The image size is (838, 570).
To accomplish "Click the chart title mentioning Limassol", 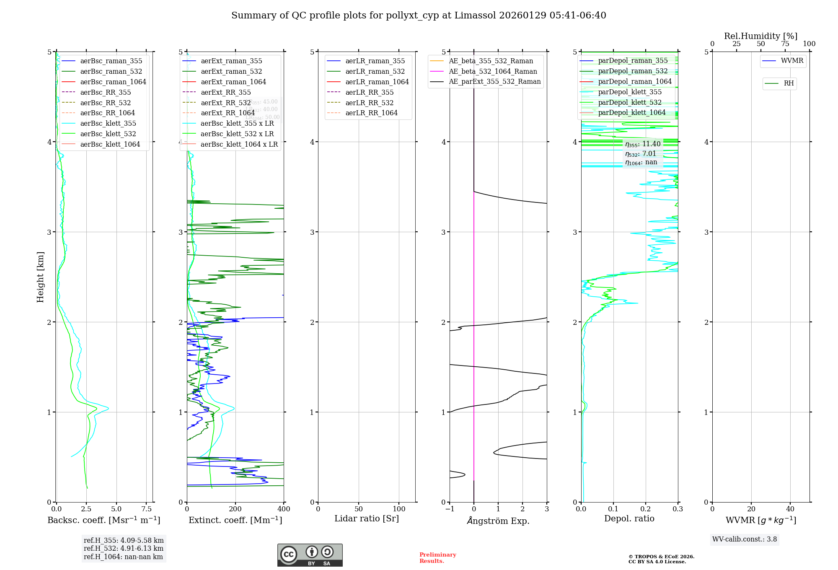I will (419, 16).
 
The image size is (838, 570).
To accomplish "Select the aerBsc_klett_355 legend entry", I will (108, 123).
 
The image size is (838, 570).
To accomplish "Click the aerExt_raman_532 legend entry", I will (231, 71).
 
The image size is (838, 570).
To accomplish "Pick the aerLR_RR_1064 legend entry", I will (371, 113).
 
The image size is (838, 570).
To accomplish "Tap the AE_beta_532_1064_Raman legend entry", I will (493, 71).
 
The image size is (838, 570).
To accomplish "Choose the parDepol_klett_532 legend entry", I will (630, 102).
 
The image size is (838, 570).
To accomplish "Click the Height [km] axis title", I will (40, 277).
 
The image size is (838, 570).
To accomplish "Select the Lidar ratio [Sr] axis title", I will (367, 518).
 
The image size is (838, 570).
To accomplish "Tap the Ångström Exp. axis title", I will (498, 521).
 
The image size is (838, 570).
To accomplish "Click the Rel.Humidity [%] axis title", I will (760, 36).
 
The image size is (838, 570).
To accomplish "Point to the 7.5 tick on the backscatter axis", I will (146, 509).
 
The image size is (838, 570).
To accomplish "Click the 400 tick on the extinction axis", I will (284, 509).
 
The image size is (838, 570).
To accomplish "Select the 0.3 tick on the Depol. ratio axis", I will (678, 509).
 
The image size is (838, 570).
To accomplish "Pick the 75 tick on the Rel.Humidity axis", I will (785, 44).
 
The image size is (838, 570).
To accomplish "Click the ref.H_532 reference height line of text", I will (124, 548).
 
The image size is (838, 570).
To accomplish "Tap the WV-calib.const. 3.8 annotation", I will (745, 539).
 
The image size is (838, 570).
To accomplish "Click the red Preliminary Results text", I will (437, 557).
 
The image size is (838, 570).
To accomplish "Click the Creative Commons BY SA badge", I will (310, 555).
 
